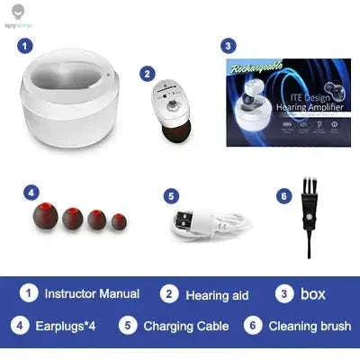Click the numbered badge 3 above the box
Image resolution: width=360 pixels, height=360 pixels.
click(x=229, y=44)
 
